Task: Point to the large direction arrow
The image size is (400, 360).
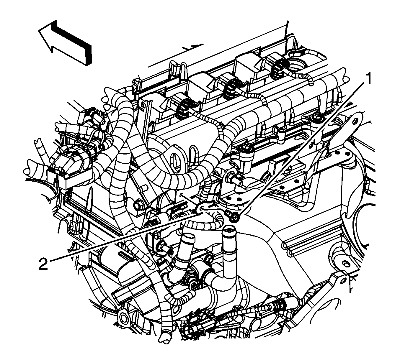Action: [65, 43]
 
